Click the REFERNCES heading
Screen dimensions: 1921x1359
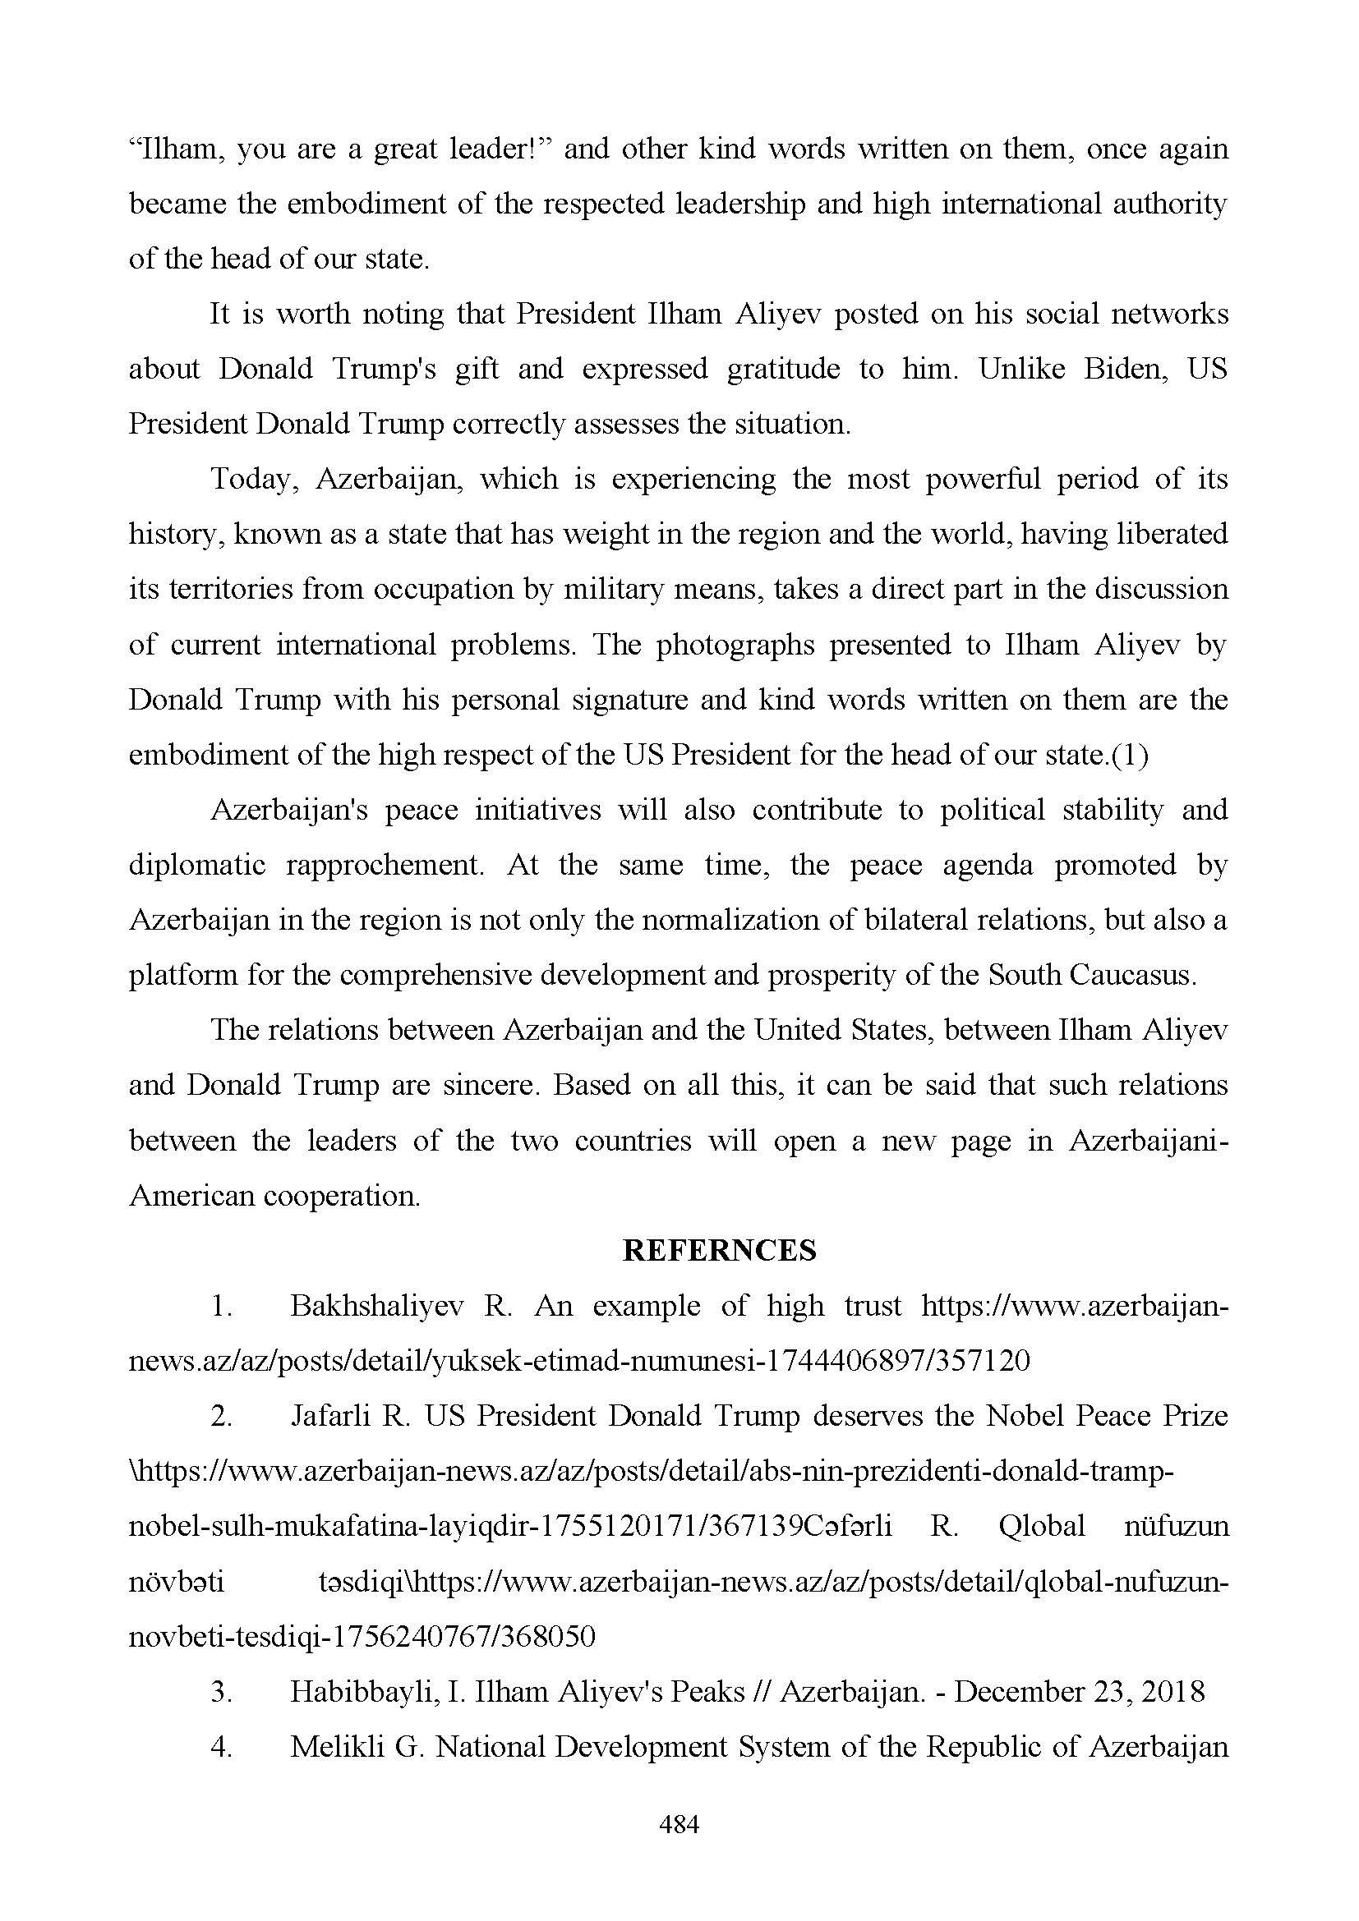[x=720, y=1251]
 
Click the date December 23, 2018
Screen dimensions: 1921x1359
[x=1079, y=1692]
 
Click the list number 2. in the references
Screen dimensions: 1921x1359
[x=221, y=1416]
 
